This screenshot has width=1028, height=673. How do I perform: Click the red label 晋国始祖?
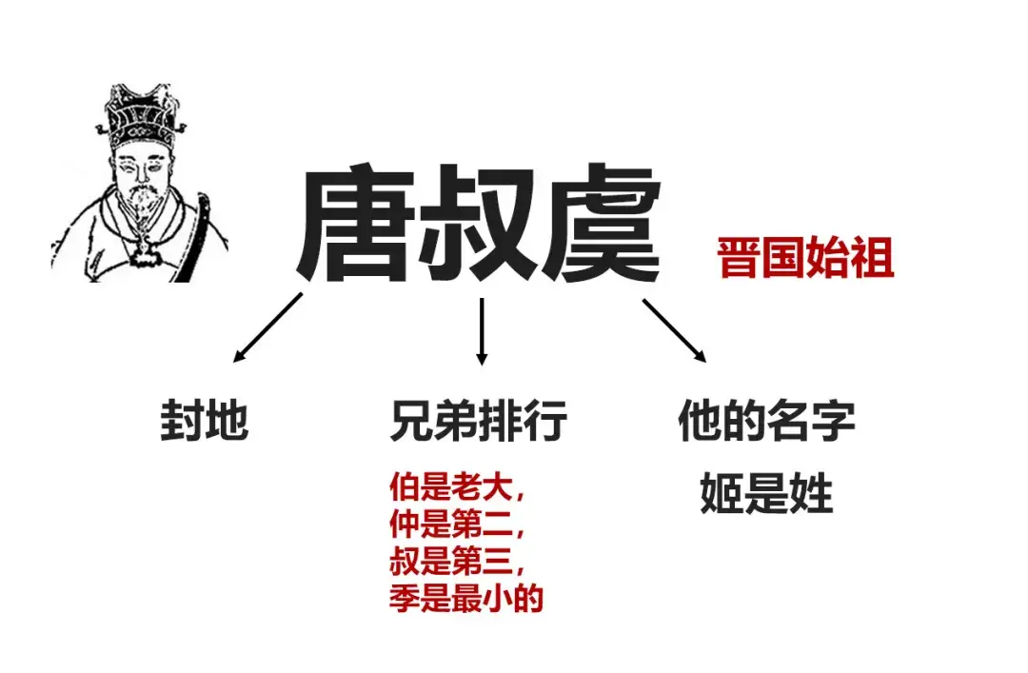coord(805,258)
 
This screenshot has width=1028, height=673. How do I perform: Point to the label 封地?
coord(204,421)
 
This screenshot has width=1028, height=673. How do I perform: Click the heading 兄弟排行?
coord(479,421)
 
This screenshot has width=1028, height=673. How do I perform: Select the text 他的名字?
coord(766,421)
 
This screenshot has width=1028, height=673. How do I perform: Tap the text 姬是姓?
coord(766,494)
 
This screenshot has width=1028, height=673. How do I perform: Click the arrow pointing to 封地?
coord(267,327)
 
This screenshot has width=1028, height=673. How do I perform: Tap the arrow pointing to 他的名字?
coord(674,330)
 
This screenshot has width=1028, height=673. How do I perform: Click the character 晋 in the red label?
coord(739,258)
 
